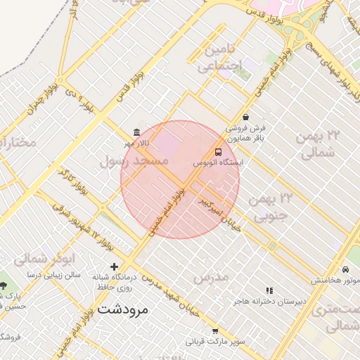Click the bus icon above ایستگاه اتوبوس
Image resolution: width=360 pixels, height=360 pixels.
pyautogui.click(x=218, y=152)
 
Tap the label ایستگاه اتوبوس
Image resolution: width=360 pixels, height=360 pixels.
pyautogui.click(x=218, y=163)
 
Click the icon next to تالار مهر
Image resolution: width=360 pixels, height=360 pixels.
pyautogui.click(x=136, y=133)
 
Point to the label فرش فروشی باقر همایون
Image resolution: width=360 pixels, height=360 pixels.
pyautogui.click(x=246, y=133)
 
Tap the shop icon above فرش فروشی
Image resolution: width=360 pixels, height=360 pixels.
pyautogui.click(x=245, y=117)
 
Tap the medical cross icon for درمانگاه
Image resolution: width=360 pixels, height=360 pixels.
pyautogui.click(x=114, y=266)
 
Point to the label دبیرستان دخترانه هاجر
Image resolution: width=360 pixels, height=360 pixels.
pyautogui.click(x=271, y=302)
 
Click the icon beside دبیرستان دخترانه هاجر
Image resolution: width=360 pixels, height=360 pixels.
pyautogui.click(x=269, y=290)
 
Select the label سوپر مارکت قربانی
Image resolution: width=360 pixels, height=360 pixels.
pyautogui.click(x=215, y=342)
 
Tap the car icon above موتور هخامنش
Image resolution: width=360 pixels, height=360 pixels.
pyautogui.click(x=345, y=270)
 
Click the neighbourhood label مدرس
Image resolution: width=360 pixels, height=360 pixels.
pyautogui.click(x=211, y=277)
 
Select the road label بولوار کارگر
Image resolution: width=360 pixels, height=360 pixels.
pyautogui.click(x=73, y=182)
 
